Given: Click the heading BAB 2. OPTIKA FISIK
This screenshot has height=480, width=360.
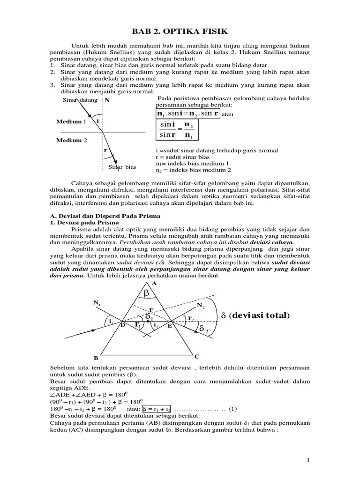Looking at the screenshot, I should pos(180,31).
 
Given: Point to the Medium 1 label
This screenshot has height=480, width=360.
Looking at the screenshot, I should pos(71,121).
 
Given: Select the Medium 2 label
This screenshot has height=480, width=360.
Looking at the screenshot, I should pos(71,140).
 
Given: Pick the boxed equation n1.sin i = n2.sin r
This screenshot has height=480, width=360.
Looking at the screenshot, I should pos(187,114).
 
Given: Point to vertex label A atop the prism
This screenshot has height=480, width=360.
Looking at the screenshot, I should pos(153,283).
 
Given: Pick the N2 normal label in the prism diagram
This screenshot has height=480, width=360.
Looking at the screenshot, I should pos(201,306).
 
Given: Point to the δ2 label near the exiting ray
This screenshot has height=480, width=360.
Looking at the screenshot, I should pos(204,330).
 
